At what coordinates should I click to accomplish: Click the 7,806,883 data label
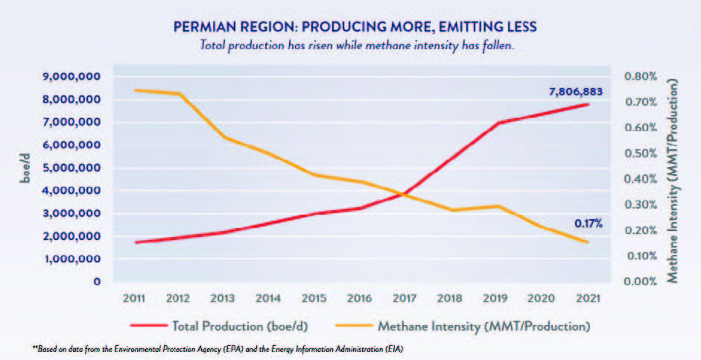575,92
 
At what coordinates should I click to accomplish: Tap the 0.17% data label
588,223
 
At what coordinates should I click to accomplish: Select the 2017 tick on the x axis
404,297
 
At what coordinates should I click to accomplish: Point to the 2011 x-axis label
135,297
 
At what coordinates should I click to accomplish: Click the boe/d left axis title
22,180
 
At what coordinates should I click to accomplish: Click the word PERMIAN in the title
206,27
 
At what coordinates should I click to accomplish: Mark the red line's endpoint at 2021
588,104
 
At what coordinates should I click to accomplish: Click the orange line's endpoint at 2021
588,241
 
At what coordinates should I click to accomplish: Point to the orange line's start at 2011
136,90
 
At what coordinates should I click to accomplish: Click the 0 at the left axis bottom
97,282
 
